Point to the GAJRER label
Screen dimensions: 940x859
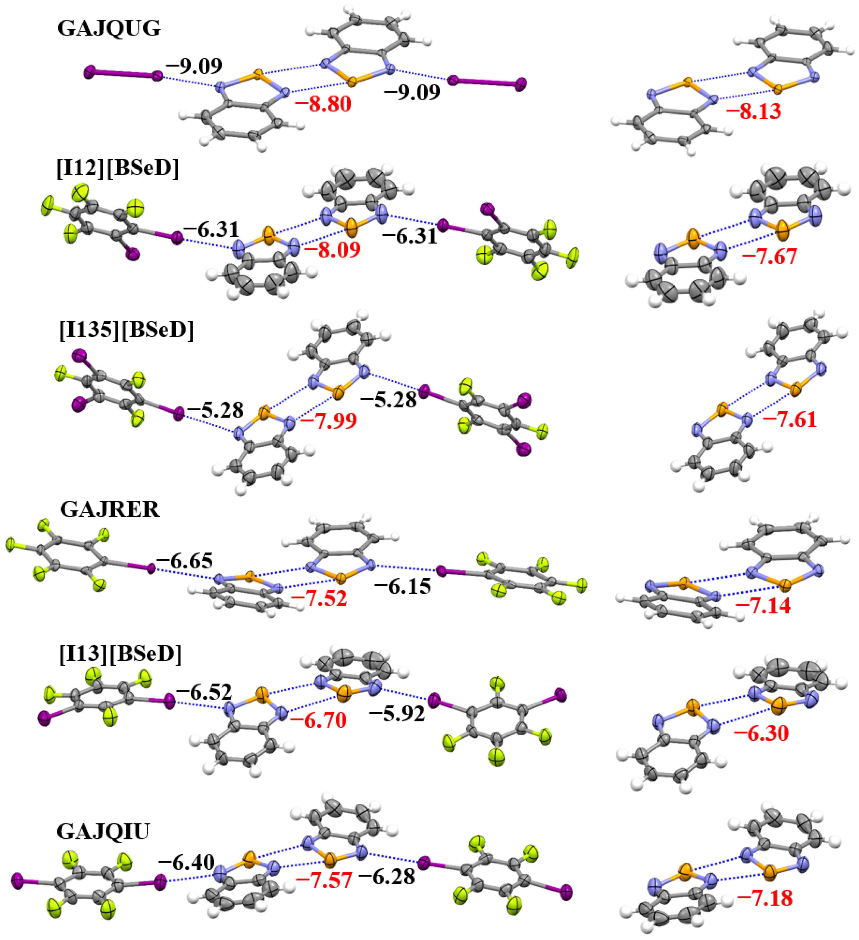click(x=110, y=510)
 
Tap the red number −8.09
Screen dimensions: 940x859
click(x=332, y=250)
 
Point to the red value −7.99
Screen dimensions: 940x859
click(x=329, y=421)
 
